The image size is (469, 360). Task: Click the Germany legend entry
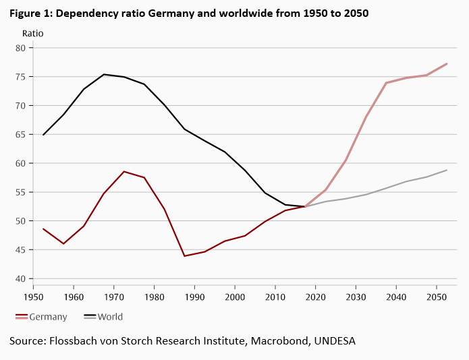point(48,317)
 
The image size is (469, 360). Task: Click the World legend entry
point(110,317)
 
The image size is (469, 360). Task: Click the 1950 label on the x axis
point(33,297)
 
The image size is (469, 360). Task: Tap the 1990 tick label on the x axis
point(194,297)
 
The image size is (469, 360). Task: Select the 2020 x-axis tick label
point(316,297)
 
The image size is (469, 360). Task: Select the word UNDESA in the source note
point(333,342)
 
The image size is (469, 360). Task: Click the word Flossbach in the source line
point(76,342)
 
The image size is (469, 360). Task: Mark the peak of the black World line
point(104,74)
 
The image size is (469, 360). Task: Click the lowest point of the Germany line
point(184,256)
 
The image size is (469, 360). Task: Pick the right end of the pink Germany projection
point(447,63)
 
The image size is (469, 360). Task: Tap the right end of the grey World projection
point(447,170)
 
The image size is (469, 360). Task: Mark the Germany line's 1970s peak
point(124,171)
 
